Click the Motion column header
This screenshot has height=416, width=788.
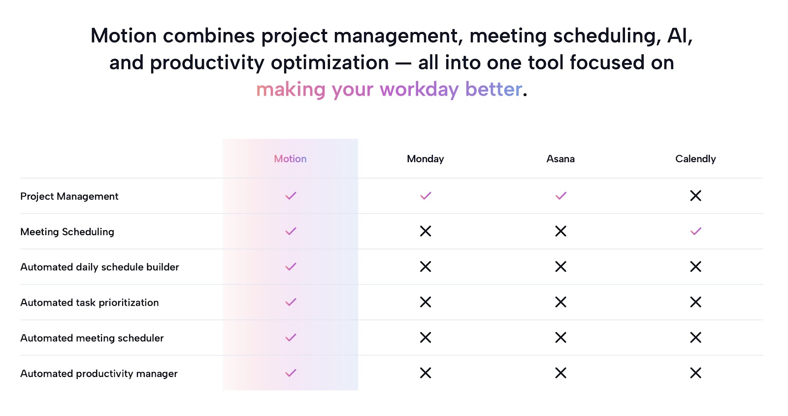tap(290, 159)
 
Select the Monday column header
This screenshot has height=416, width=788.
tap(426, 159)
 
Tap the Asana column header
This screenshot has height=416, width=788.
tap(560, 159)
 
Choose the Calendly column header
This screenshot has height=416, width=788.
tap(695, 159)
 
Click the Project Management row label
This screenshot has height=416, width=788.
tap(69, 196)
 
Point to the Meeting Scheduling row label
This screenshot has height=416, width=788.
tap(67, 232)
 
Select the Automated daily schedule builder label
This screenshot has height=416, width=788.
tap(99, 267)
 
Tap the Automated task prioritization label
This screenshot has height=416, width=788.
tap(89, 302)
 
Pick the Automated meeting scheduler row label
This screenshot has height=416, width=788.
tap(92, 338)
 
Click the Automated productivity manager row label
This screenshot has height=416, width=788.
tap(99, 374)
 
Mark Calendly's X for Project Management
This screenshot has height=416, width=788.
tap(695, 196)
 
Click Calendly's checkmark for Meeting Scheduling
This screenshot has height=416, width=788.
tap(695, 231)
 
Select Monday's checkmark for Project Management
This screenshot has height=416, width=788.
tap(426, 196)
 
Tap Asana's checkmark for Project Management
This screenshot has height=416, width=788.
tap(560, 196)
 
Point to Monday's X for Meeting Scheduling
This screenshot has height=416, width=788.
tap(426, 231)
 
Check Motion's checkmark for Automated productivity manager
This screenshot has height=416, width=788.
tap(291, 373)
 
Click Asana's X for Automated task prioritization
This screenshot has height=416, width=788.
tap(560, 302)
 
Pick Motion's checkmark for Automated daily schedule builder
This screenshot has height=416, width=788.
tap(291, 267)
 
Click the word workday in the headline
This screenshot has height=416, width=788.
tap(419, 89)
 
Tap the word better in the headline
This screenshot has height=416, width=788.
tap(493, 89)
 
